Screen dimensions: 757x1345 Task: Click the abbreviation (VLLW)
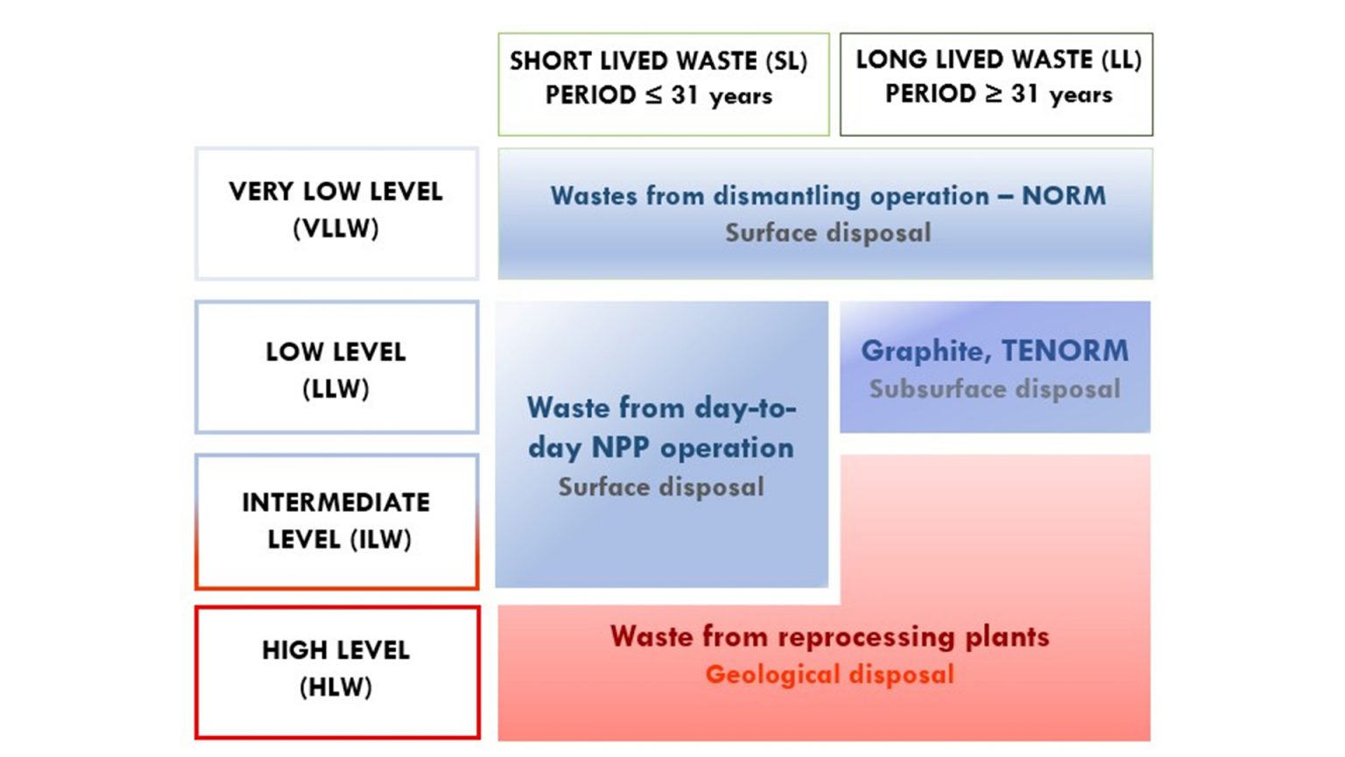(335, 229)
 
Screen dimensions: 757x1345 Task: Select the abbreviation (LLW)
(335, 388)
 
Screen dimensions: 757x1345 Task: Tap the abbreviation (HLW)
(335, 687)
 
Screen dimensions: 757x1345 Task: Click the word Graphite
(926, 350)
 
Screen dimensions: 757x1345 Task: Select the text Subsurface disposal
(995, 389)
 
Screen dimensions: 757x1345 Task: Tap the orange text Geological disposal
(829, 675)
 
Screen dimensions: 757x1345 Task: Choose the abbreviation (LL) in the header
(1121, 60)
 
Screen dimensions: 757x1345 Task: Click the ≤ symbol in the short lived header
(653, 96)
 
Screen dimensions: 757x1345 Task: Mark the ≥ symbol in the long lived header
(993, 94)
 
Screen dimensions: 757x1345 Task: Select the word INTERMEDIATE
(335, 502)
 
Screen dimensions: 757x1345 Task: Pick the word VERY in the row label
(262, 192)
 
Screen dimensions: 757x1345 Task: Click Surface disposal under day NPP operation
(661, 487)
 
